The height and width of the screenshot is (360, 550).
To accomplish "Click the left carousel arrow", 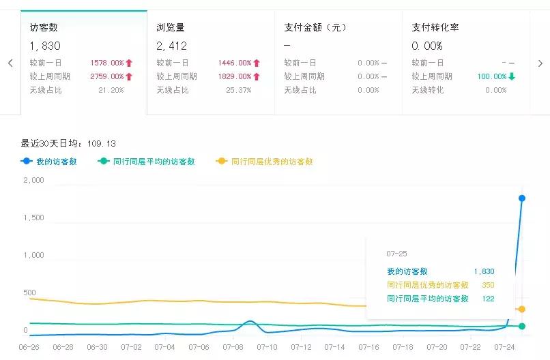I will click(10, 63).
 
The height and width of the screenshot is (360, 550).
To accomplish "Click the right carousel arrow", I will click(540, 63).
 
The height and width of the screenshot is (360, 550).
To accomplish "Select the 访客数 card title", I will click(44, 28).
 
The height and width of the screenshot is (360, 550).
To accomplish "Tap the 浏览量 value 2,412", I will click(171, 46).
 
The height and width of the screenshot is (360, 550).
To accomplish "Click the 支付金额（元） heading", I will click(315, 28).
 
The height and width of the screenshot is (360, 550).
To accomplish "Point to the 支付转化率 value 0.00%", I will click(427, 46).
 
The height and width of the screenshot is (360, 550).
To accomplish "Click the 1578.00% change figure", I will click(106, 63).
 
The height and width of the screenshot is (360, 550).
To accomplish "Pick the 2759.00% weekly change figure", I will click(106, 76).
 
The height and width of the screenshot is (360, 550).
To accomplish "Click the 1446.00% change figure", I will click(235, 63).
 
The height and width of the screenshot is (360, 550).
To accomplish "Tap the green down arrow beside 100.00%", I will click(512, 76).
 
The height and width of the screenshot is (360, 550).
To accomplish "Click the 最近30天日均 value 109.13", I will click(102, 143).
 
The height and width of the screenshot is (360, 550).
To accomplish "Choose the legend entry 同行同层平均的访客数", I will click(147, 162).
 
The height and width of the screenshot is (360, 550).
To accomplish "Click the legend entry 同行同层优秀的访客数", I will click(265, 162).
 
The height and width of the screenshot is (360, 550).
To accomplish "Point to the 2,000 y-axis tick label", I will click(33, 180).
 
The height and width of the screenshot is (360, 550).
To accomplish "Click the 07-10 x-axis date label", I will click(267, 347).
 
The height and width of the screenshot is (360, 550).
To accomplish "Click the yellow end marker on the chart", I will click(522, 310).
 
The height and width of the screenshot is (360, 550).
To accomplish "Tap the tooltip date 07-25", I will click(396, 254).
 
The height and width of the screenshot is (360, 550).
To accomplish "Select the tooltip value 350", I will click(487, 285).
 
